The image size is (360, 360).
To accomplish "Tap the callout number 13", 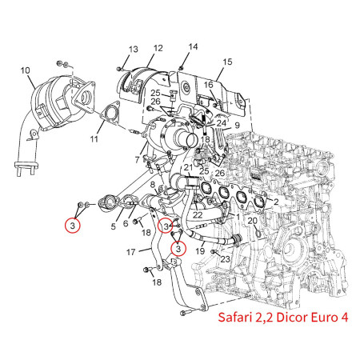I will (x=133, y=50).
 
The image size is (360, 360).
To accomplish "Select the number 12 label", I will (x=158, y=49).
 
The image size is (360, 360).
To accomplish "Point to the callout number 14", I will (x=192, y=47).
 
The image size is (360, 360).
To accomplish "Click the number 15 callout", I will (x=227, y=62).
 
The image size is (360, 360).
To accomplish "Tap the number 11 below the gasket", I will (x=94, y=139).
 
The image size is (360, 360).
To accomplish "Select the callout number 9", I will (x=237, y=126).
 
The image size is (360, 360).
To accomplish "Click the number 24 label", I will (x=220, y=123).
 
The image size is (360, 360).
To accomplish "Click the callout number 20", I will (x=252, y=221).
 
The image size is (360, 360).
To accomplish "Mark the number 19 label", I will (x=202, y=251).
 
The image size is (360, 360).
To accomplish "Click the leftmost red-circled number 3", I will (x=73, y=225).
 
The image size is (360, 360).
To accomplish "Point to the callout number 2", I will (x=275, y=202).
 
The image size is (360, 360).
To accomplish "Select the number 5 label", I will (x=113, y=226).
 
